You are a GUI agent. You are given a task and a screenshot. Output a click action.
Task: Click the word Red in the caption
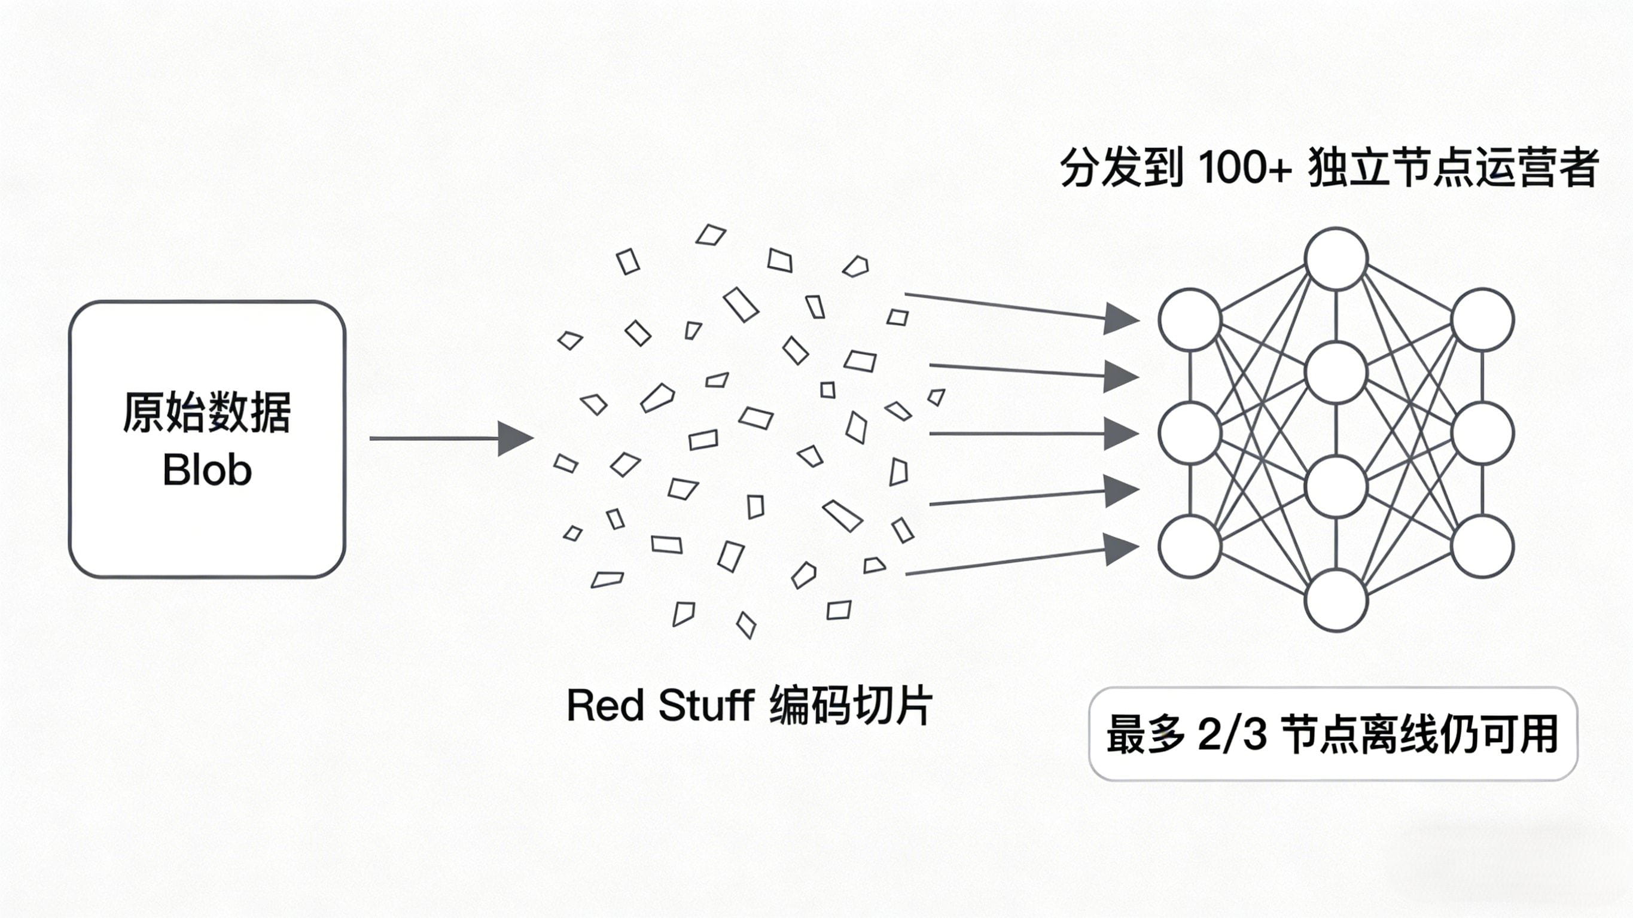605,705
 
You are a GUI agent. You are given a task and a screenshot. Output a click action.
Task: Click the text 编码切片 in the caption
850,705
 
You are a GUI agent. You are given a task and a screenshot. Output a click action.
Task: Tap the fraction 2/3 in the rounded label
1232,734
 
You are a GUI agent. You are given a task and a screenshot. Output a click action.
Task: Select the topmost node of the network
1336,260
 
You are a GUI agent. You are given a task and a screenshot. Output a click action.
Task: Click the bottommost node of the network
1336,600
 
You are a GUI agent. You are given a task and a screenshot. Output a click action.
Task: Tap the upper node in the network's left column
1190,319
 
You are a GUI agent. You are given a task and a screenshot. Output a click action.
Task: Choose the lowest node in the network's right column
1482,547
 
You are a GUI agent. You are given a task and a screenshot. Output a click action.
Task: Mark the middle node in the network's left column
1190,434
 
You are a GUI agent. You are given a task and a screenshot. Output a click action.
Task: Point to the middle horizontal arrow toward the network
1033,434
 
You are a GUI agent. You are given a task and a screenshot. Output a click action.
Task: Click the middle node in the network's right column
1482,434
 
